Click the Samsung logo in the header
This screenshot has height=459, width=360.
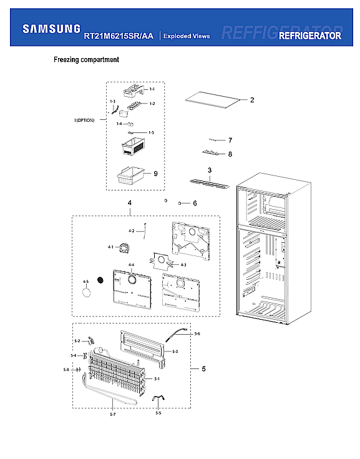click(x=51, y=28)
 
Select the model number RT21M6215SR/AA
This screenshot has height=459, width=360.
click(x=118, y=36)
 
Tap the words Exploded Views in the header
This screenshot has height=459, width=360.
click(x=187, y=36)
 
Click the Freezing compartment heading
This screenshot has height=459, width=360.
click(x=86, y=61)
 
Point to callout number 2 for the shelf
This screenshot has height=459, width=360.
click(x=252, y=100)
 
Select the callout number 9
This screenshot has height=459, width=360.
click(x=155, y=174)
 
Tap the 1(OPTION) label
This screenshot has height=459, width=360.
click(x=83, y=120)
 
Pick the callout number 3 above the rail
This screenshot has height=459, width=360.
click(x=210, y=170)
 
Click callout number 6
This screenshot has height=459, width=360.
click(x=195, y=203)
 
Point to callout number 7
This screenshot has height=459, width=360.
click(x=230, y=140)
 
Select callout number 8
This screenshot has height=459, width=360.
click(x=230, y=154)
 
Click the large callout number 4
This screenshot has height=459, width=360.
click(x=129, y=203)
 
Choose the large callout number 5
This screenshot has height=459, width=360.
click(x=203, y=369)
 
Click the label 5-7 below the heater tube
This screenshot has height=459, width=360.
click(x=112, y=415)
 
